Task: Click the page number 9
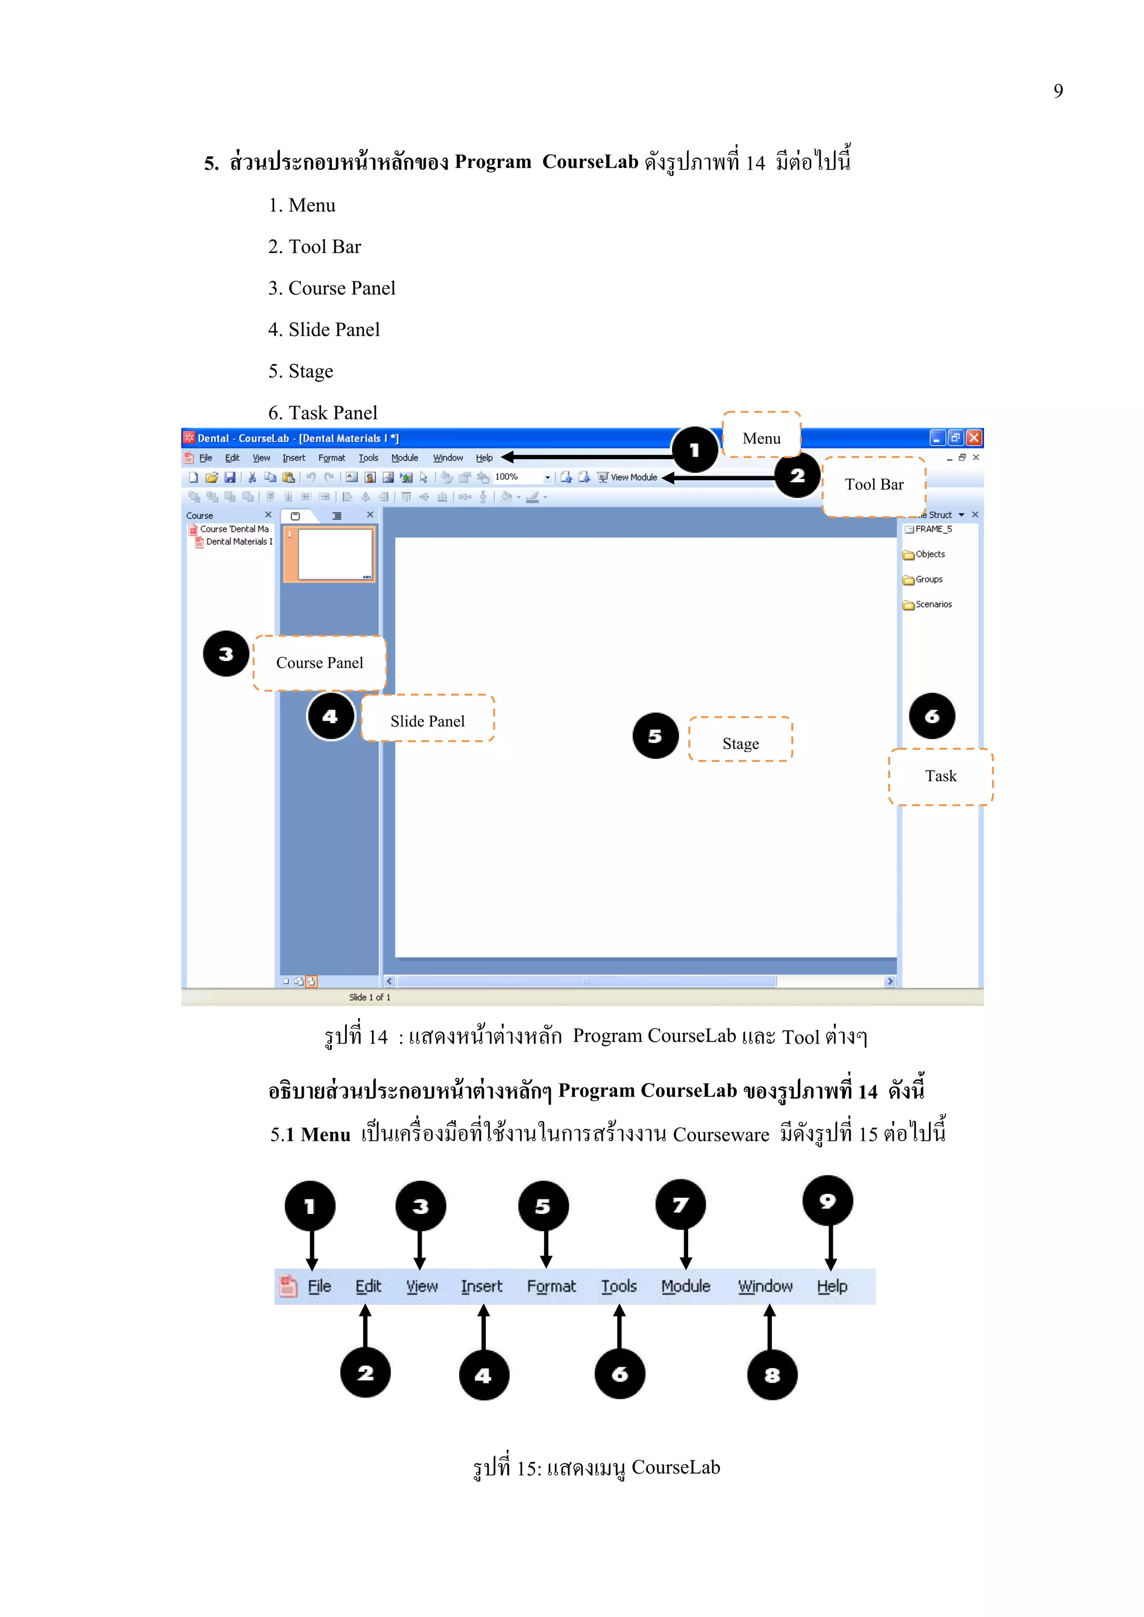click(x=1057, y=91)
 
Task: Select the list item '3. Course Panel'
click(x=331, y=288)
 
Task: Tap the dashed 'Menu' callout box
click(x=761, y=438)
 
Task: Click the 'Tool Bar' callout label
click(x=874, y=485)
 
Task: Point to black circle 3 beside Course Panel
click(x=226, y=654)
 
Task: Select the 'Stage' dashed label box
click(x=740, y=743)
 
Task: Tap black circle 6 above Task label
click(x=931, y=716)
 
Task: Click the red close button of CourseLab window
click(x=974, y=438)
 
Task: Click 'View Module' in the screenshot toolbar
click(x=632, y=477)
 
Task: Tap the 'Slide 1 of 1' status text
click(x=369, y=997)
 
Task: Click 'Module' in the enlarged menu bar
click(x=685, y=1286)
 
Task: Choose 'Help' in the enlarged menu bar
click(x=831, y=1286)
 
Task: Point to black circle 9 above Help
click(x=828, y=1201)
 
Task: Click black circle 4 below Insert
click(x=483, y=1375)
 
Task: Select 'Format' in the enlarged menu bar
click(x=551, y=1286)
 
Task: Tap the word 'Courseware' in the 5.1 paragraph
click(x=721, y=1135)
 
